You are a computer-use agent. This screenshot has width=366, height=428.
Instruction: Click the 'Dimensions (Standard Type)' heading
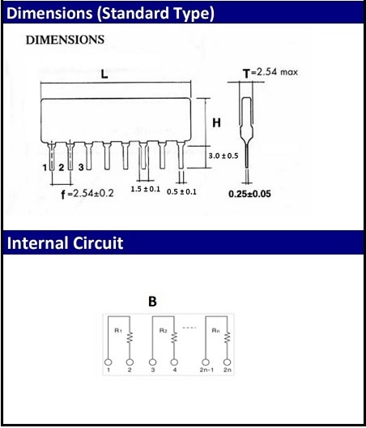(x=110, y=14)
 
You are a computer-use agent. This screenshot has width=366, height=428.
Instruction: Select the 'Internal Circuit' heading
(x=65, y=243)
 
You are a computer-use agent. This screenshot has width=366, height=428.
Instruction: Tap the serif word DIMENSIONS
(x=65, y=40)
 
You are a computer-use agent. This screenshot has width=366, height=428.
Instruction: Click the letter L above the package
(x=104, y=74)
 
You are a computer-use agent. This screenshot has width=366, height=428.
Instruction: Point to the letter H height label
(x=216, y=123)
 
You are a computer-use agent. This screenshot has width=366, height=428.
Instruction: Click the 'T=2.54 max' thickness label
(x=270, y=73)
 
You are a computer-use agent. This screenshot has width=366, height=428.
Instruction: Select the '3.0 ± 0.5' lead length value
(x=223, y=156)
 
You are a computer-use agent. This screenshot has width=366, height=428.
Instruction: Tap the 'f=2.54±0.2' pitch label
(x=87, y=194)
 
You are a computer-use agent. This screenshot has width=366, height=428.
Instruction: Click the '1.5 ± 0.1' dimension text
(x=146, y=189)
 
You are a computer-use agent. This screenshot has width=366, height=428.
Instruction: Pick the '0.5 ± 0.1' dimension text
(x=181, y=191)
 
